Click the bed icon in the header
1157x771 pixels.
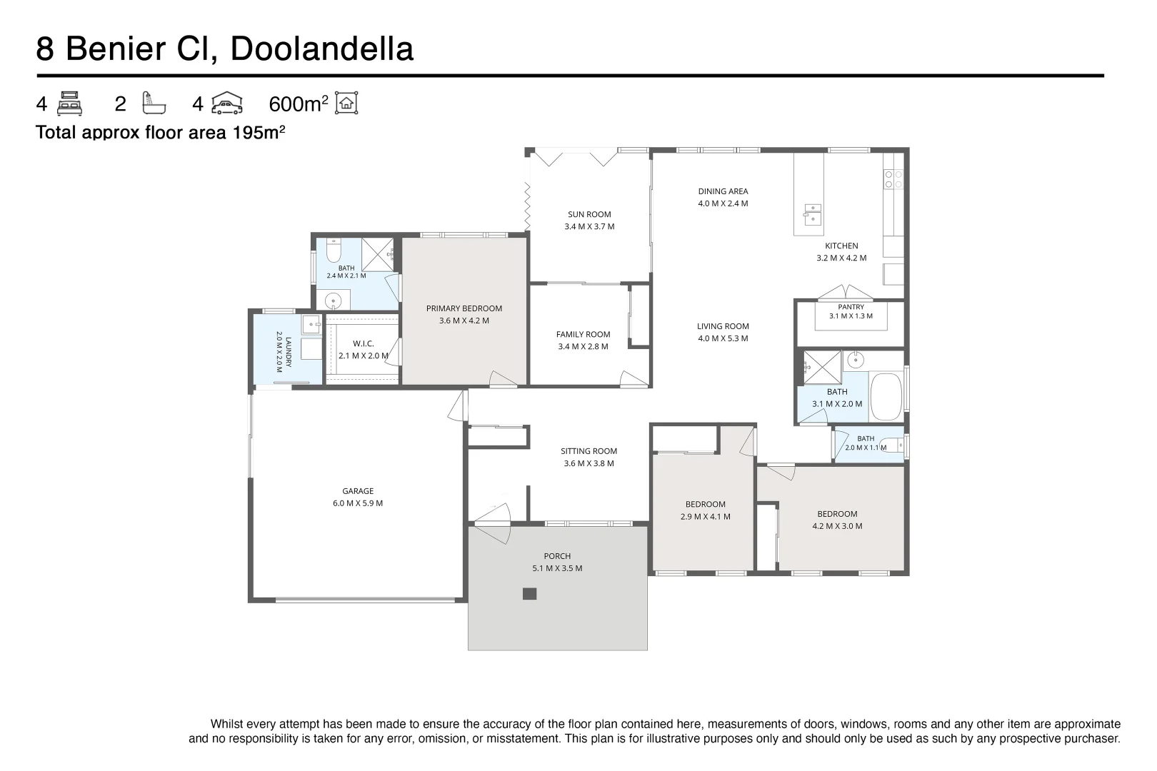click(69, 104)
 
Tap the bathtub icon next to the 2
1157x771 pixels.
click(154, 103)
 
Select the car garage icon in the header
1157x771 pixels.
click(226, 103)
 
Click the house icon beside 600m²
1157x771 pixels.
click(346, 103)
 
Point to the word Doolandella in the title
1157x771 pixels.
click(322, 49)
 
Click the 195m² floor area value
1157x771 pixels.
click(259, 132)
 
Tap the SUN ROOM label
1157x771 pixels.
click(589, 214)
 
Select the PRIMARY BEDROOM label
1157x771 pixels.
click(464, 308)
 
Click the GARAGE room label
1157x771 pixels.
click(358, 491)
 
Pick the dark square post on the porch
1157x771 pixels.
click(529, 593)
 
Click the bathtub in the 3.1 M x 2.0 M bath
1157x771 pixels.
click(886, 397)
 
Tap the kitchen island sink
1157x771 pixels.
click(813, 214)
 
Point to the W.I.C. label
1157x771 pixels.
click(364, 343)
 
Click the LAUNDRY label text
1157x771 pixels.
click(289, 352)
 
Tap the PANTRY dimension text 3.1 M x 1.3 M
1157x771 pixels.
click(851, 316)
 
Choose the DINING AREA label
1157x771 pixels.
click(723, 191)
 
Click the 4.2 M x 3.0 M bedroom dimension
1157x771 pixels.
click(837, 526)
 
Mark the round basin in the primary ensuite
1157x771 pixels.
click(333, 301)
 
